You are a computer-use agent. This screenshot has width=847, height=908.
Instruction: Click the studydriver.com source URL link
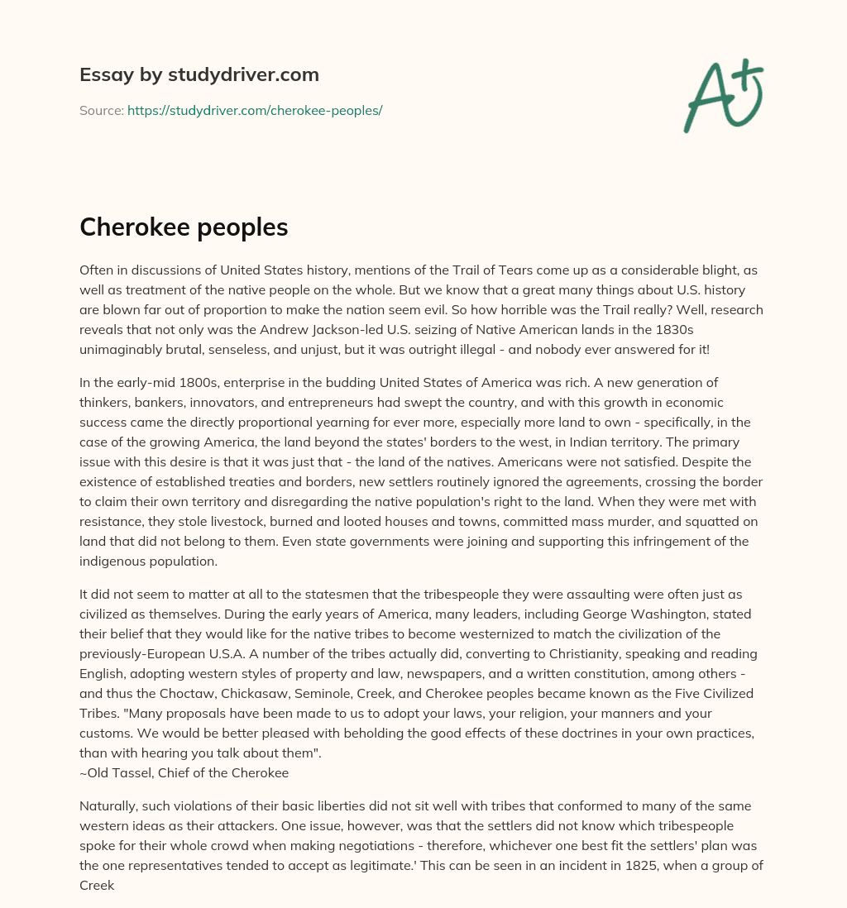point(255,110)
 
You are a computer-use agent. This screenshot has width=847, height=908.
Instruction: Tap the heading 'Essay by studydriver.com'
point(199,74)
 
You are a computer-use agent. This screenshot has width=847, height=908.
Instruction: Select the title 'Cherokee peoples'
point(184,228)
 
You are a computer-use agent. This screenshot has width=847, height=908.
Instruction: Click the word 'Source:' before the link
point(101,110)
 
